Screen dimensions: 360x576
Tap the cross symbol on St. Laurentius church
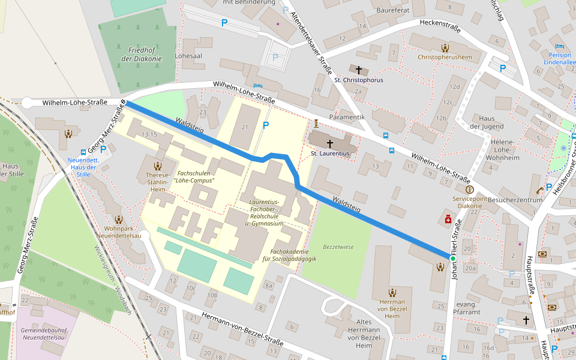click(x=329, y=143)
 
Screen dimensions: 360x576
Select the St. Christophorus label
click(x=359, y=80)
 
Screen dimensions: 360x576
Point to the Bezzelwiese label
click(x=338, y=247)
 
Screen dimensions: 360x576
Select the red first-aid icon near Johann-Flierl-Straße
click(x=448, y=220)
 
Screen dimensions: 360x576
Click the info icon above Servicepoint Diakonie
click(x=469, y=190)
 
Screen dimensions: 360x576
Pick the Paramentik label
click(x=347, y=116)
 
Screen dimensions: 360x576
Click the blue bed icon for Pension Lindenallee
click(x=560, y=46)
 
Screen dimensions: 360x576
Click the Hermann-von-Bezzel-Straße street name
click(x=242, y=329)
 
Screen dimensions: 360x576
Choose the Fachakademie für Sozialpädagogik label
click(x=293, y=255)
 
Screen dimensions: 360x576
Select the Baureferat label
click(x=392, y=10)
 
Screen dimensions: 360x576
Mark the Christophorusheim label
click(x=445, y=57)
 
